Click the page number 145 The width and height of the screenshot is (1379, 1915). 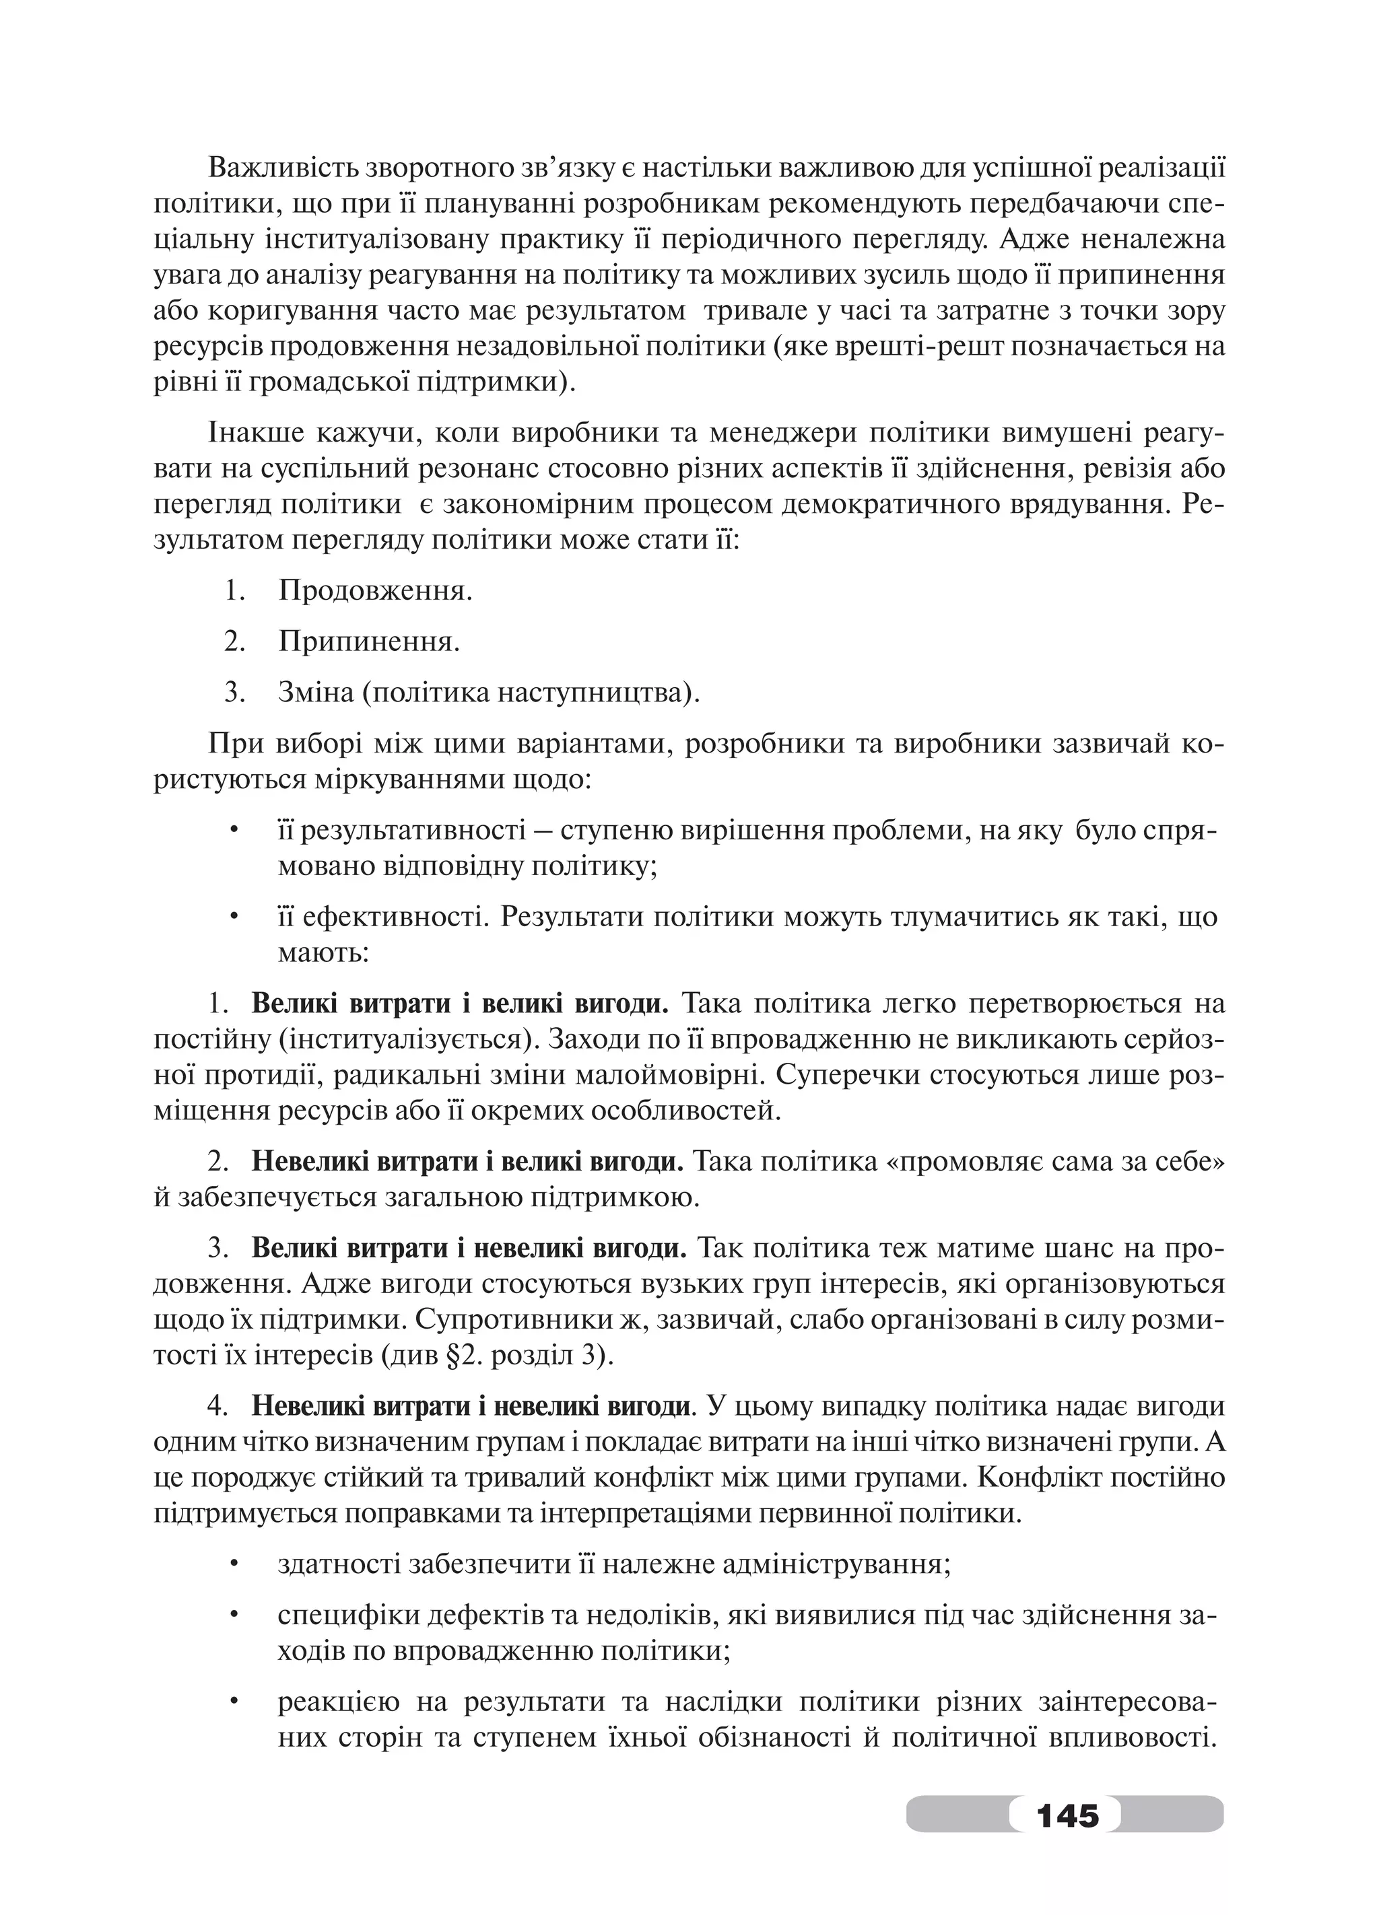pyautogui.click(x=1067, y=1813)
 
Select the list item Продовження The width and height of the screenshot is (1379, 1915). pyautogui.click(x=375, y=590)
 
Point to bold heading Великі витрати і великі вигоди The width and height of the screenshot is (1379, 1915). pyautogui.click(x=459, y=1004)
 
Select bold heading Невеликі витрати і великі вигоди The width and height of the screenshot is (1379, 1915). pyautogui.click(x=467, y=1161)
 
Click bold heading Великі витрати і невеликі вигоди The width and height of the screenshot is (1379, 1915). pyautogui.click(x=469, y=1249)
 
